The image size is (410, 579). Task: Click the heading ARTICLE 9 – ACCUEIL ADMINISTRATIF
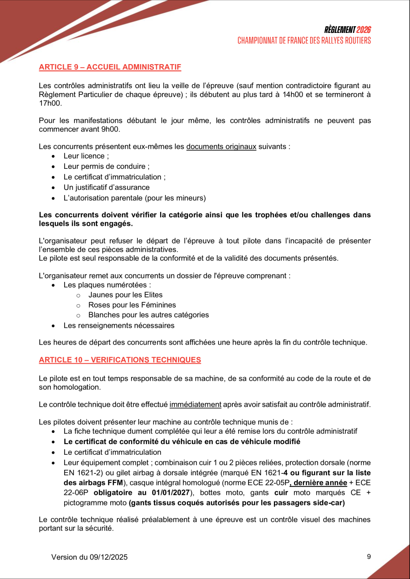110,67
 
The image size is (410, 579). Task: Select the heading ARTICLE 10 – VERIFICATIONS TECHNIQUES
120,360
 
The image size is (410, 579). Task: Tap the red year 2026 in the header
364,30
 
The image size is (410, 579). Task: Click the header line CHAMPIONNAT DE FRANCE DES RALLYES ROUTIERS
304,41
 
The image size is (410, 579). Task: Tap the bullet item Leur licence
86,156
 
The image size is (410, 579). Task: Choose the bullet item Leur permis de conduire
106,167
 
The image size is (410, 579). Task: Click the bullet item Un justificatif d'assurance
106,188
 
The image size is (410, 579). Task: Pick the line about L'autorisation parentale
134,198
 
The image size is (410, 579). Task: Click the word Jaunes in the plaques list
100,295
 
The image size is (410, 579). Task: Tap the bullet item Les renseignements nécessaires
119,326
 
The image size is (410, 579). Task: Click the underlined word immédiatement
195,405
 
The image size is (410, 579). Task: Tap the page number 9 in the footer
369,556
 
